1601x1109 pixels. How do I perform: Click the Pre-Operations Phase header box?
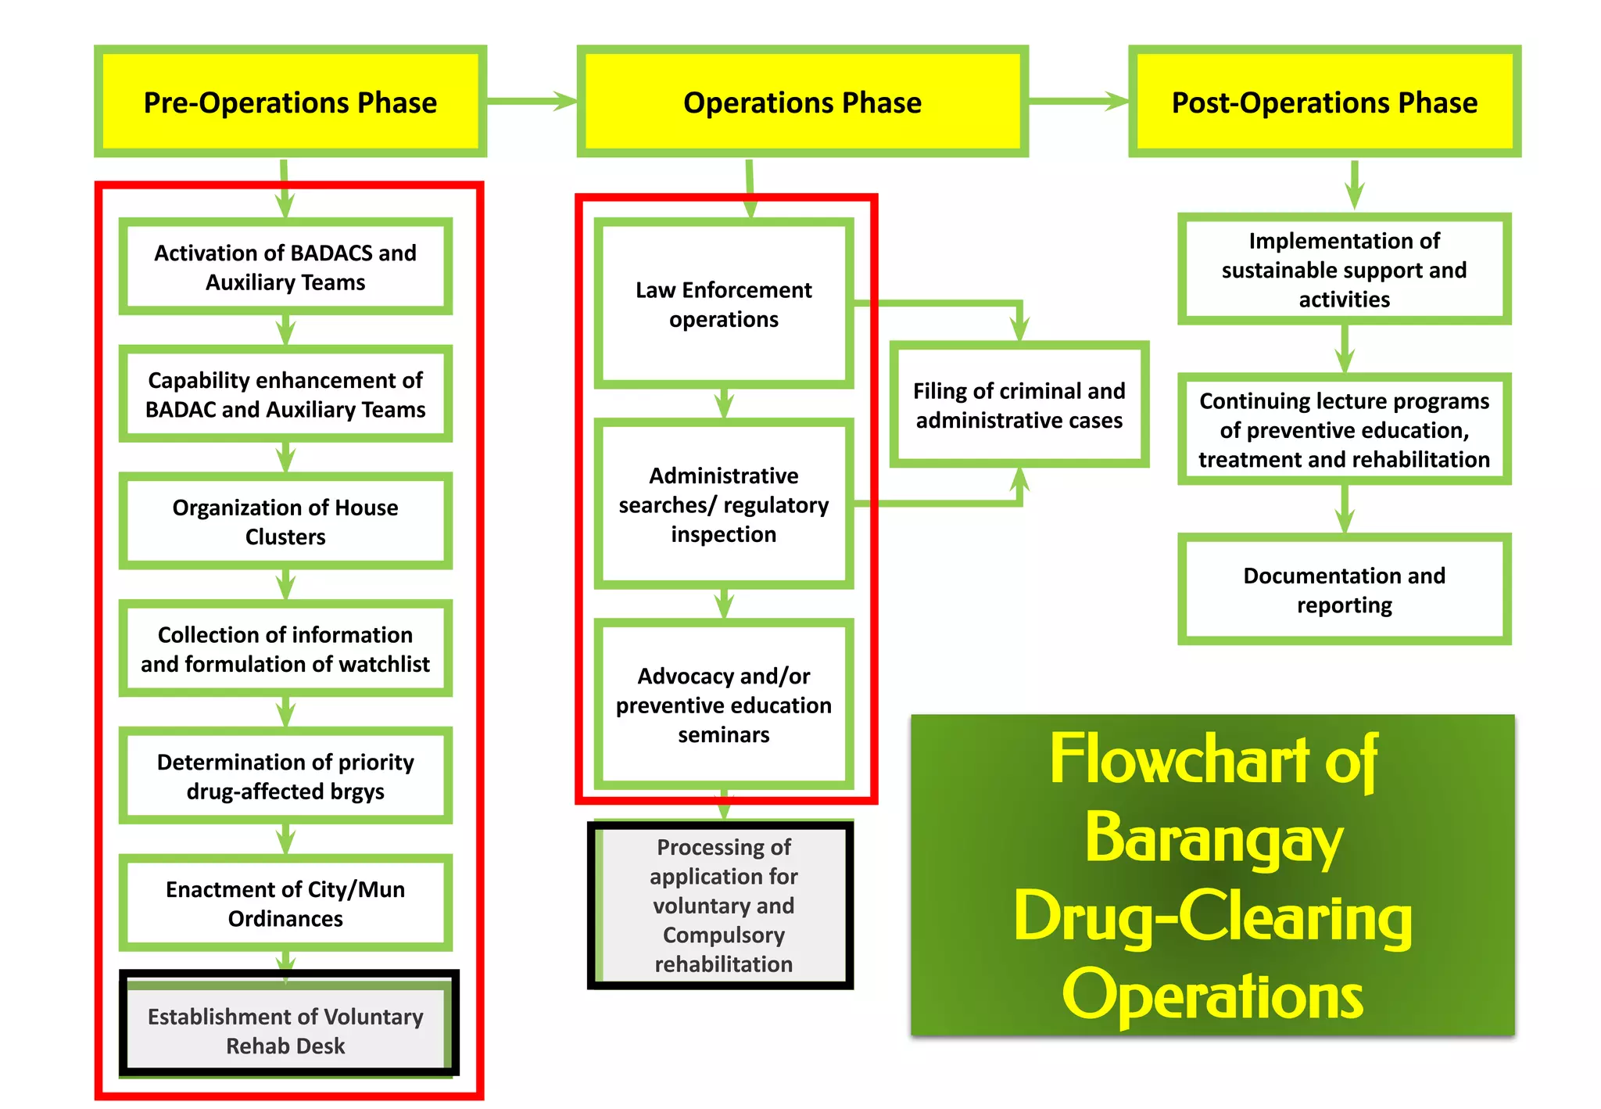[x=290, y=102]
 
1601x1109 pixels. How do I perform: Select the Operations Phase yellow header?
[x=802, y=102]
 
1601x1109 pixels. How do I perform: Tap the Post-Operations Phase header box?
[x=1324, y=102]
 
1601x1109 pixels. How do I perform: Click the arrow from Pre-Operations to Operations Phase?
[x=532, y=101]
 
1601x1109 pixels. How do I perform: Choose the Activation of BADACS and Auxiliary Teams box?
[x=285, y=267]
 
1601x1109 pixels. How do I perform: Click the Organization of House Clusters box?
[x=285, y=522]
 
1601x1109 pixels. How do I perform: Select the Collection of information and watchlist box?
[x=285, y=648]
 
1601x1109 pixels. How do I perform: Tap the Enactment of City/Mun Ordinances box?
[x=285, y=903]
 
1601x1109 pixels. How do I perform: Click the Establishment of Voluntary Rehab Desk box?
[x=285, y=1030]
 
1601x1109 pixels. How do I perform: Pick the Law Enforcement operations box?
[x=723, y=304]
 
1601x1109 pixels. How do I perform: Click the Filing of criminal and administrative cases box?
[x=1019, y=405]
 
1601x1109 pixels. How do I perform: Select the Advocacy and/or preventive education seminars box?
[x=723, y=705]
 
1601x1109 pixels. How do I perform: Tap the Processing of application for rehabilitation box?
[x=723, y=905]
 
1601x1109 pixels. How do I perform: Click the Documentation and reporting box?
[x=1344, y=590]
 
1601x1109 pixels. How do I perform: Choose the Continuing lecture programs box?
[x=1344, y=429]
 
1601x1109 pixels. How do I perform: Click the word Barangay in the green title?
[x=1213, y=839]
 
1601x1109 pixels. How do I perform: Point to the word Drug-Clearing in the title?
[x=1213, y=917]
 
